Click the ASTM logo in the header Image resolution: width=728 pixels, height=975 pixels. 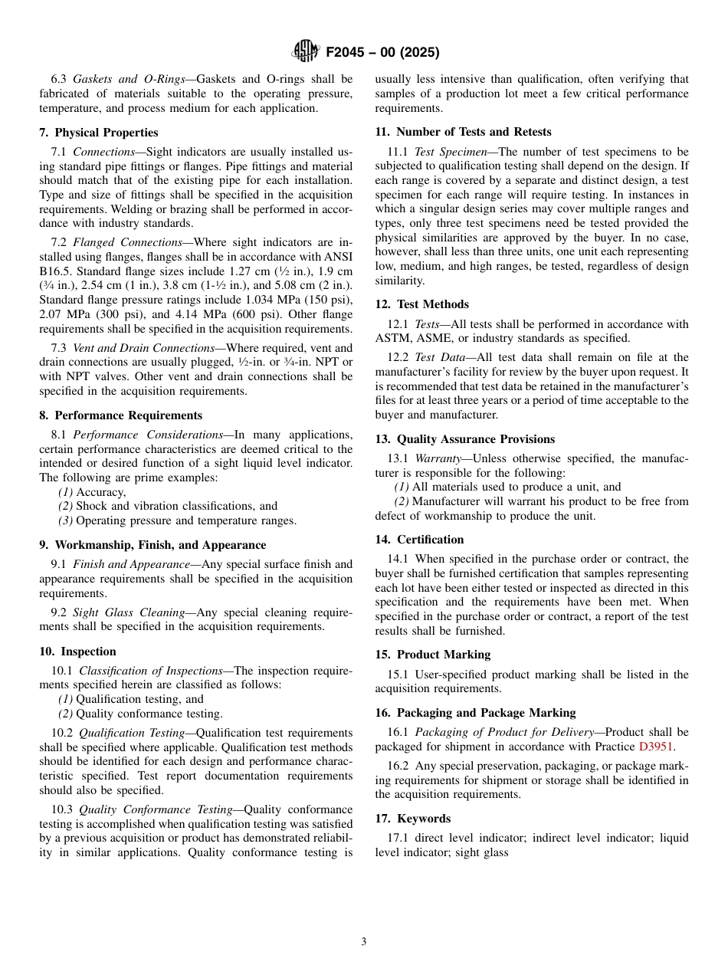click(305, 52)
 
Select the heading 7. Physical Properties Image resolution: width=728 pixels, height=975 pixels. click(99, 133)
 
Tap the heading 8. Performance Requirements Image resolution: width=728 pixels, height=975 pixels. click(120, 415)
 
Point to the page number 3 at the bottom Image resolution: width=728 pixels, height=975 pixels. click(364, 942)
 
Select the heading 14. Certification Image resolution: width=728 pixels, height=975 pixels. click(419, 540)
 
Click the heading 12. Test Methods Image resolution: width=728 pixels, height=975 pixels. click(421, 304)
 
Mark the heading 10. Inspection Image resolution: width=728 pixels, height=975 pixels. click(77, 652)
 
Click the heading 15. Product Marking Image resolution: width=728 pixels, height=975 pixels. click(432, 655)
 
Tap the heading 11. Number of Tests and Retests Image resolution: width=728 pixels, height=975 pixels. click(463, 132)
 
